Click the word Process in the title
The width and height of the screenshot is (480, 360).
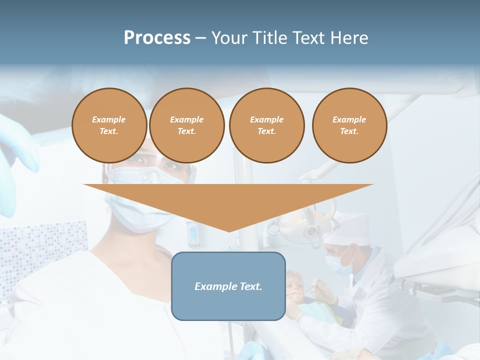tap(157, 38)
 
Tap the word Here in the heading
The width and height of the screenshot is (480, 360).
tap(348, 38)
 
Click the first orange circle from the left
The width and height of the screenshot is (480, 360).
tap(109, 125)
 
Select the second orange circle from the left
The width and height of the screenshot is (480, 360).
tap(186, 125)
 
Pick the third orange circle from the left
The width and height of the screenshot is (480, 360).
tap(266, 125)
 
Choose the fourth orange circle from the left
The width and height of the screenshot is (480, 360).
tap(349, 125)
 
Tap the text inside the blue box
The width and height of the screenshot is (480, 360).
tap(228, 286)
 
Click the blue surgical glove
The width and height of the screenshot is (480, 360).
tap(15, 150)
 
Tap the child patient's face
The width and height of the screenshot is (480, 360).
tap(294, 286)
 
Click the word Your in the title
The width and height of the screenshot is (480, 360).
tap(230, 38)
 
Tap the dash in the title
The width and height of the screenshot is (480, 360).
tap(200, 38)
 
